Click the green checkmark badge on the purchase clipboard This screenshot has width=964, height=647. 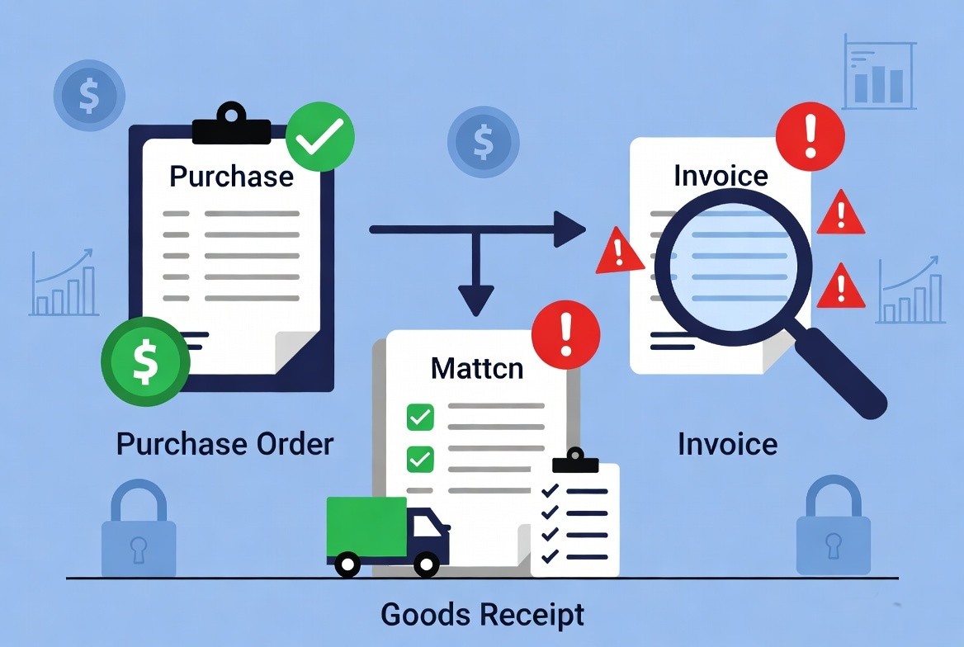tap(320, 136)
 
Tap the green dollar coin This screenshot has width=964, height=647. tap(146, 361)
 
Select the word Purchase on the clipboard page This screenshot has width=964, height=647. tap(231, 177)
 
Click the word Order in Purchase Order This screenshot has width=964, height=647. tap(295, 443)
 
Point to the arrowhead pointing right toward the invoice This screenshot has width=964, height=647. tap(569, 229)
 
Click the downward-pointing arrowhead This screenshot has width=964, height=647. tap(475, 300)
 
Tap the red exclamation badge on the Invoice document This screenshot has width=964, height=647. tap(810, 136)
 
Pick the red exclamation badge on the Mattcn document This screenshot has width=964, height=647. tap(565, 335)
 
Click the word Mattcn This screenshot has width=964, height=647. tap(477, 368)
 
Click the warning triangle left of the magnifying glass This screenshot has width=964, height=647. tap(620, 251)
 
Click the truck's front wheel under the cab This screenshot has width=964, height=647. tap(426, 564)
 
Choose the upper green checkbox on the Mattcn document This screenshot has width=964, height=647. tap(421, 418)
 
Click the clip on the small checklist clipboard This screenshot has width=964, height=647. tap(575, 460)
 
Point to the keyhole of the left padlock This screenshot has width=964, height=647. tap(139, 550)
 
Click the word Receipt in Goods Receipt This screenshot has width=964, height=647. tap(532, 615)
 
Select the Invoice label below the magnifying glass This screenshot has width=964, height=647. tap(727, 444)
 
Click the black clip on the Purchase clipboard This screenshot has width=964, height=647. tap(232, 125)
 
